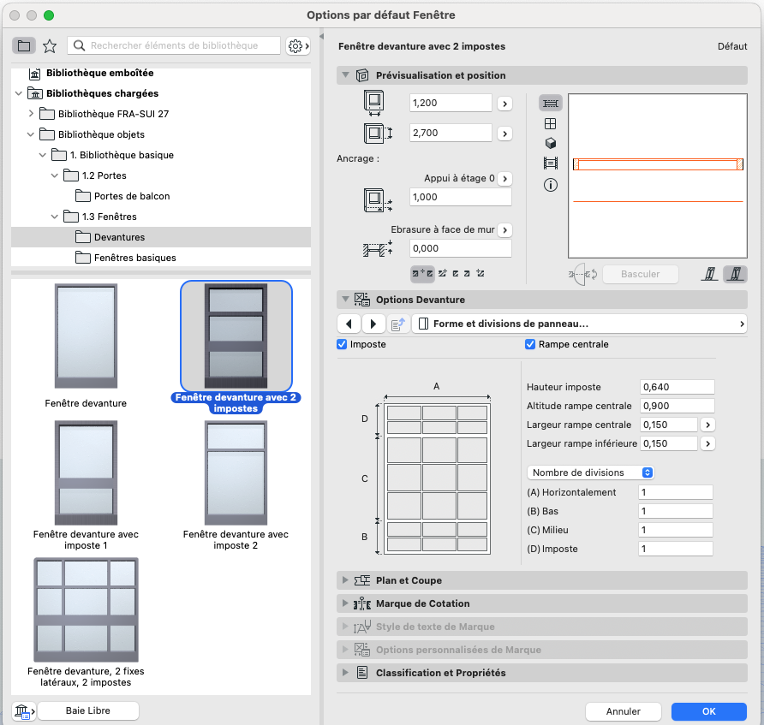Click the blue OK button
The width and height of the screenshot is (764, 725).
coord(708,711)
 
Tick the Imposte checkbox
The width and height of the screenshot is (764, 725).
coord(342,344)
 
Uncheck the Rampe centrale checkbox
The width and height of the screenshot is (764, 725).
coord(530,344)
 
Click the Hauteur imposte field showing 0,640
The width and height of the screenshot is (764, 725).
coord(677,387)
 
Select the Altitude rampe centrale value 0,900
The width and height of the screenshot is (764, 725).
coord(677,406)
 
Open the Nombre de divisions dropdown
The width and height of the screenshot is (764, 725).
coord(590,472)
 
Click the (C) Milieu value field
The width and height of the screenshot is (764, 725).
coord(675,530)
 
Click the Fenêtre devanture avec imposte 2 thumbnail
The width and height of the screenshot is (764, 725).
coord(236,472)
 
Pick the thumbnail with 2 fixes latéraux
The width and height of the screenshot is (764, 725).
coord(87,609)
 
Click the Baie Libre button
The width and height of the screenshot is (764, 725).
coord(87,711)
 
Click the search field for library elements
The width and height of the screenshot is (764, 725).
coord(174,45)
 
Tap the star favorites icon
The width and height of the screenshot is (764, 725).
coord(50,45)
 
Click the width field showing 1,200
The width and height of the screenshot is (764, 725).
coord(451,103)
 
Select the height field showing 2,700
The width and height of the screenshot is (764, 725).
coord(451,133)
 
